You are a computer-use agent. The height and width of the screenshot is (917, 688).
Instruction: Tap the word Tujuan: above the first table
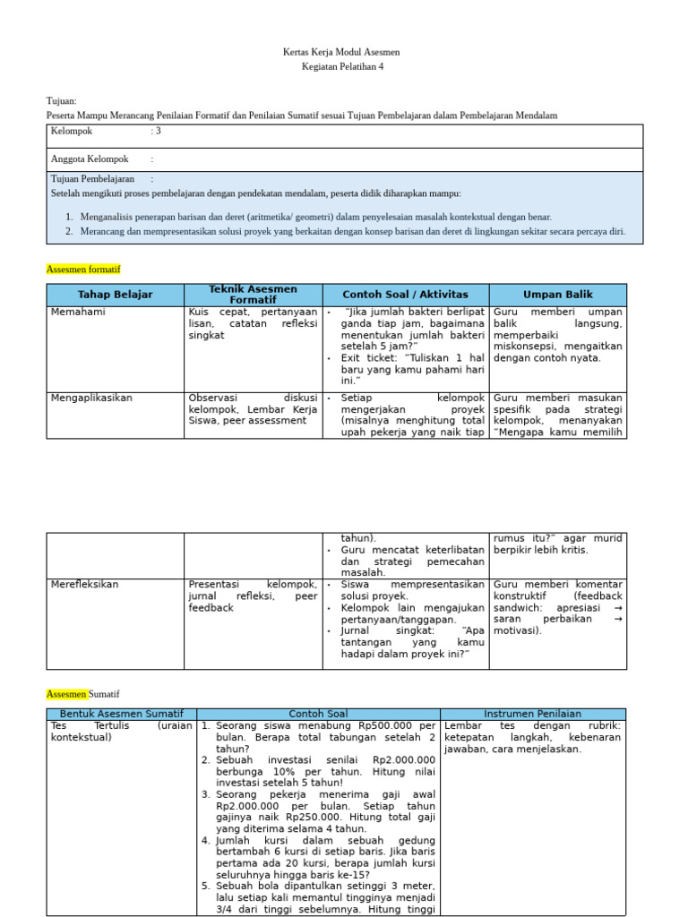tap(61, 101)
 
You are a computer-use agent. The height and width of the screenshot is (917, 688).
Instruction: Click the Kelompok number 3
tap(159, 132)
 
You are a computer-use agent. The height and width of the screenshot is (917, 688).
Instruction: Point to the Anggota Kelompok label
tap(90, 159)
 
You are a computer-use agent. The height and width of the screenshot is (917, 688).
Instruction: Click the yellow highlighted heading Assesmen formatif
tap(82, 269)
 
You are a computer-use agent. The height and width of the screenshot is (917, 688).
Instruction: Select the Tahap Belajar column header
tap(115, 295)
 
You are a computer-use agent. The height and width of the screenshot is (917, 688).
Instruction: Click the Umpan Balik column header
tap(557, 295)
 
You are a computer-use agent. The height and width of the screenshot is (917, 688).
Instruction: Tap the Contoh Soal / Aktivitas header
tap(405, 295)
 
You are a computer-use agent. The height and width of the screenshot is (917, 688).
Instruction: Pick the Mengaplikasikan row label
tap(91, 398)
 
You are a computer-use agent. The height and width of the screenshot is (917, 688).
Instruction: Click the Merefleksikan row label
tap(84, 585)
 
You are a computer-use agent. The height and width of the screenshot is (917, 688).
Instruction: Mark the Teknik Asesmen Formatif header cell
tap(253, 295)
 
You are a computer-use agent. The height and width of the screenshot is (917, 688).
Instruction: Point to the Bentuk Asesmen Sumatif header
tap(121, 714)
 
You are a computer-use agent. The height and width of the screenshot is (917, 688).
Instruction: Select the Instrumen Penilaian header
tap(533, 714)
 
